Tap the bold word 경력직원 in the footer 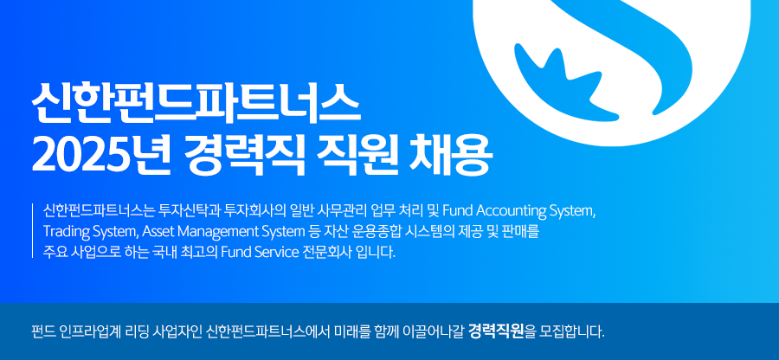pyautogui.click(x=496, y=331)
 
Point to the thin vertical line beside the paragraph pyautogui.click(x=32, y=231)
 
